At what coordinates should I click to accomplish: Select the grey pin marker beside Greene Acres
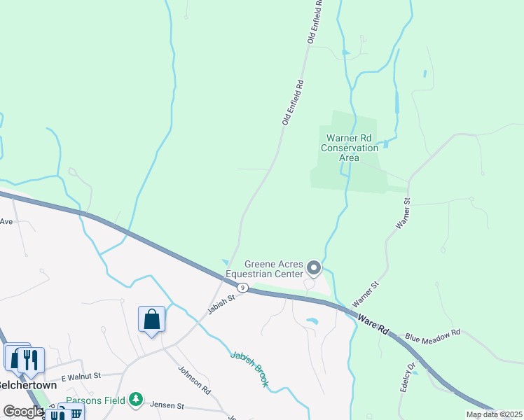tap(314, 267)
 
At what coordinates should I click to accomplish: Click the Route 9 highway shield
tap(242, 288)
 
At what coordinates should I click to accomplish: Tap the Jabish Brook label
tap(249, 368)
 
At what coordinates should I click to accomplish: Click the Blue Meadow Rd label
tap(432, 335)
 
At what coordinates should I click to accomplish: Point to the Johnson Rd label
tap(194, 379)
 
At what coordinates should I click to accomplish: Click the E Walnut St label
tap(81, 377)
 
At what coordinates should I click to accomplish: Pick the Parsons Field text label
tap(96, 400)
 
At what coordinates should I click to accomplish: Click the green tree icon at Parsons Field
tap(136, 400)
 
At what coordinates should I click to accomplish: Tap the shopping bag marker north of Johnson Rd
tap(152, 321)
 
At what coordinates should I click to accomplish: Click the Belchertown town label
tap(26, 385)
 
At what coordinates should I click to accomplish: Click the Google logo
tap(22, 412)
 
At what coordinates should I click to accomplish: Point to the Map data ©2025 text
tap(493, 414)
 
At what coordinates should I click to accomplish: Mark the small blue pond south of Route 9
tap(312, 321)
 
